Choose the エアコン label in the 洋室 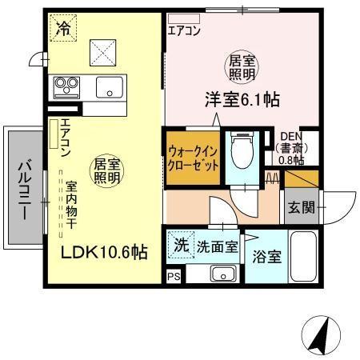tap(185, 32)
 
